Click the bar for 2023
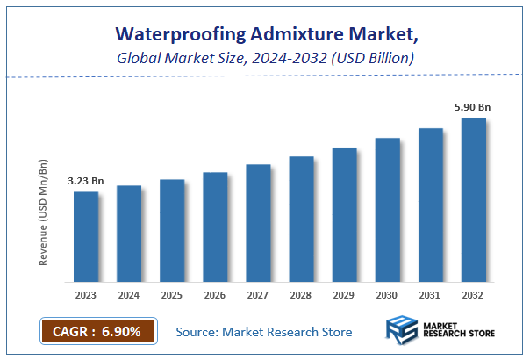pos(86,237)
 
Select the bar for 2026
pos(215,227)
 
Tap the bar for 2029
pos(344,215)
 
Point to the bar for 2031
pos(431,205)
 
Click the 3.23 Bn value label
pos(86,181)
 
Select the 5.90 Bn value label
pos(472,107)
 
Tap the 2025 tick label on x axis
pos(172,295)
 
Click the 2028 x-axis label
pos(301,295)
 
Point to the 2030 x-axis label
pos(387,295)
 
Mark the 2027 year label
pos(258,295)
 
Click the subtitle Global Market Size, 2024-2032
pos(264,58)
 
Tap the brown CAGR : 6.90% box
pos(97,331)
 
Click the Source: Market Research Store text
pos(263,332)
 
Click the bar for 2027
pos(258,223)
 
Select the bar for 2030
pos(387,210)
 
